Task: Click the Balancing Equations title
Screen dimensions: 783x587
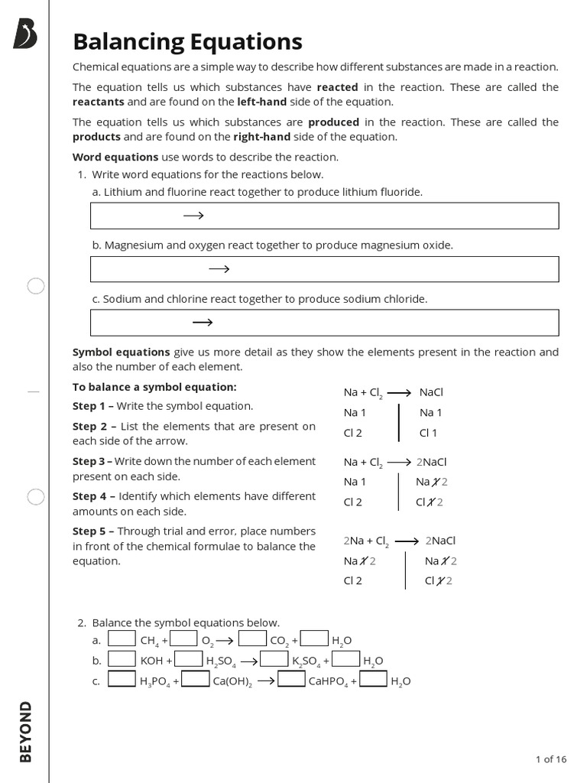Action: [x=187, y=41]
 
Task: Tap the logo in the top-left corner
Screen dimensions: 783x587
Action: [x=24, y=35]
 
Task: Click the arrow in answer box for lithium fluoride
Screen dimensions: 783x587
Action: [x=193, y=216]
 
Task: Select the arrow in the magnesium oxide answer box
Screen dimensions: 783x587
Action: [x=219, y=269]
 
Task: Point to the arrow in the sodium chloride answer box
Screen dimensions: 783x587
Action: [x=203, y=323]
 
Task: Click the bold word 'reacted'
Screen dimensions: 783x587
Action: [x=337, y=87]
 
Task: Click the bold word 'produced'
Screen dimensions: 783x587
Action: [x=333, y=122]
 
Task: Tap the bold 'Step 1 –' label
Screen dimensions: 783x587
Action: [x=94, y=406]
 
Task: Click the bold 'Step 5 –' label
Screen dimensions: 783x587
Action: [x=94, y=531]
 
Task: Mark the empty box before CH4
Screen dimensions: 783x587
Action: [x=122, y=638]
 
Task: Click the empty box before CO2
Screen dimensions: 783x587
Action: [x=252, y=638]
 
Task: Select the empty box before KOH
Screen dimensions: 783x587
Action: [x=122, y=659]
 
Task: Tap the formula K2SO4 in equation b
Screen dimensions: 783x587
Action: [x=306, y=661]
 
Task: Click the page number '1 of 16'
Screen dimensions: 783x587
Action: [x=550, y=759]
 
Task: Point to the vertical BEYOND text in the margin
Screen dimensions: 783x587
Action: [x=26, y=732]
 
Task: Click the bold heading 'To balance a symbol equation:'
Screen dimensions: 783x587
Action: [x=154, y=387]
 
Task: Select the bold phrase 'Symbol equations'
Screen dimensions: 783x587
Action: [x=121, y=352]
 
